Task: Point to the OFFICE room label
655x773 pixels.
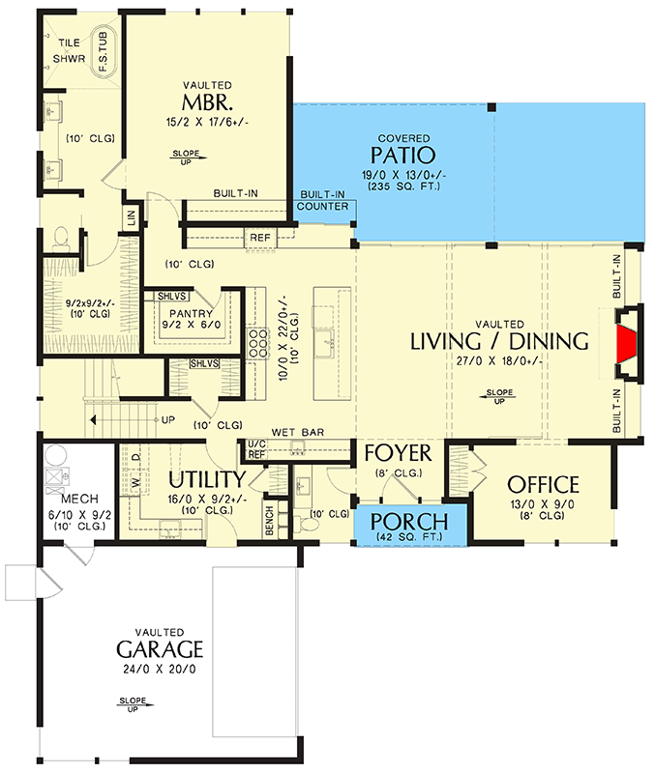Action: (543, 485)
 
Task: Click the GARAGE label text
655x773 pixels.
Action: (160, 647)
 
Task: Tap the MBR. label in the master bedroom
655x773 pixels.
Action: (206, 103)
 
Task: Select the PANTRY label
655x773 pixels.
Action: (183, 314)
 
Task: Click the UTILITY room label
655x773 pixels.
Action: (207, 480)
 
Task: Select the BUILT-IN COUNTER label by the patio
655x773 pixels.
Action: (323, 200)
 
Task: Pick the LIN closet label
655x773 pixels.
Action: (132, 219)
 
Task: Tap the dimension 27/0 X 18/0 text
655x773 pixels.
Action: (499, 360)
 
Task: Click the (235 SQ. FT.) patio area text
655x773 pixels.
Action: (403, 186)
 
